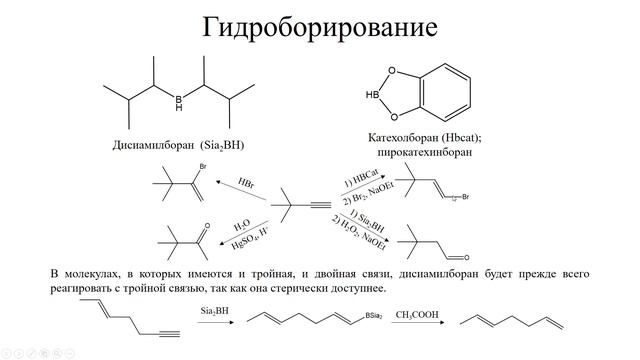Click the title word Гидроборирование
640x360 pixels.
point(319,26)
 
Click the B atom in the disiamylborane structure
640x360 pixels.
point(179,99)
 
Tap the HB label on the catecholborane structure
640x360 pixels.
point(373,95)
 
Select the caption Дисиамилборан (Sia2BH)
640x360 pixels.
point(179,146)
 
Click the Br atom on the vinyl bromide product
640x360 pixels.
point(203,165)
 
